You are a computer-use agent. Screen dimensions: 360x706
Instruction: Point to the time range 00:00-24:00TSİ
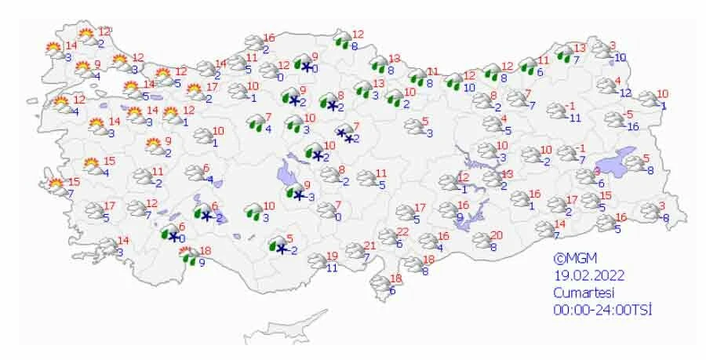602,309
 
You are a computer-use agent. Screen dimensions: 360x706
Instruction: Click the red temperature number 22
403,231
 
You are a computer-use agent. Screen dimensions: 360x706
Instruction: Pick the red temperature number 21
370,246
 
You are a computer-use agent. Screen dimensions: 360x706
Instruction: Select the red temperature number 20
496,235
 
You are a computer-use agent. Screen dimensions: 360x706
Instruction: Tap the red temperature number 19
332,256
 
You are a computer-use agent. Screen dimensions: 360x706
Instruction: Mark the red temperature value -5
629,115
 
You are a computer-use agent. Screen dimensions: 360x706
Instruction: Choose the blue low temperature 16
634,126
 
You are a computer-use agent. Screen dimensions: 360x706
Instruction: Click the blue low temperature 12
625,93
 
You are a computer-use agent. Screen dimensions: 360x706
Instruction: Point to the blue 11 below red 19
332,267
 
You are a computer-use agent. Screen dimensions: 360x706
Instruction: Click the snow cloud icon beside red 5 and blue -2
277,245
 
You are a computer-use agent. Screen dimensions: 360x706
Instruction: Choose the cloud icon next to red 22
388,236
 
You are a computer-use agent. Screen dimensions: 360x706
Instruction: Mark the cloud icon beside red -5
614,120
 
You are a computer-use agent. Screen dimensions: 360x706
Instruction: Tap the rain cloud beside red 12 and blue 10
453,81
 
